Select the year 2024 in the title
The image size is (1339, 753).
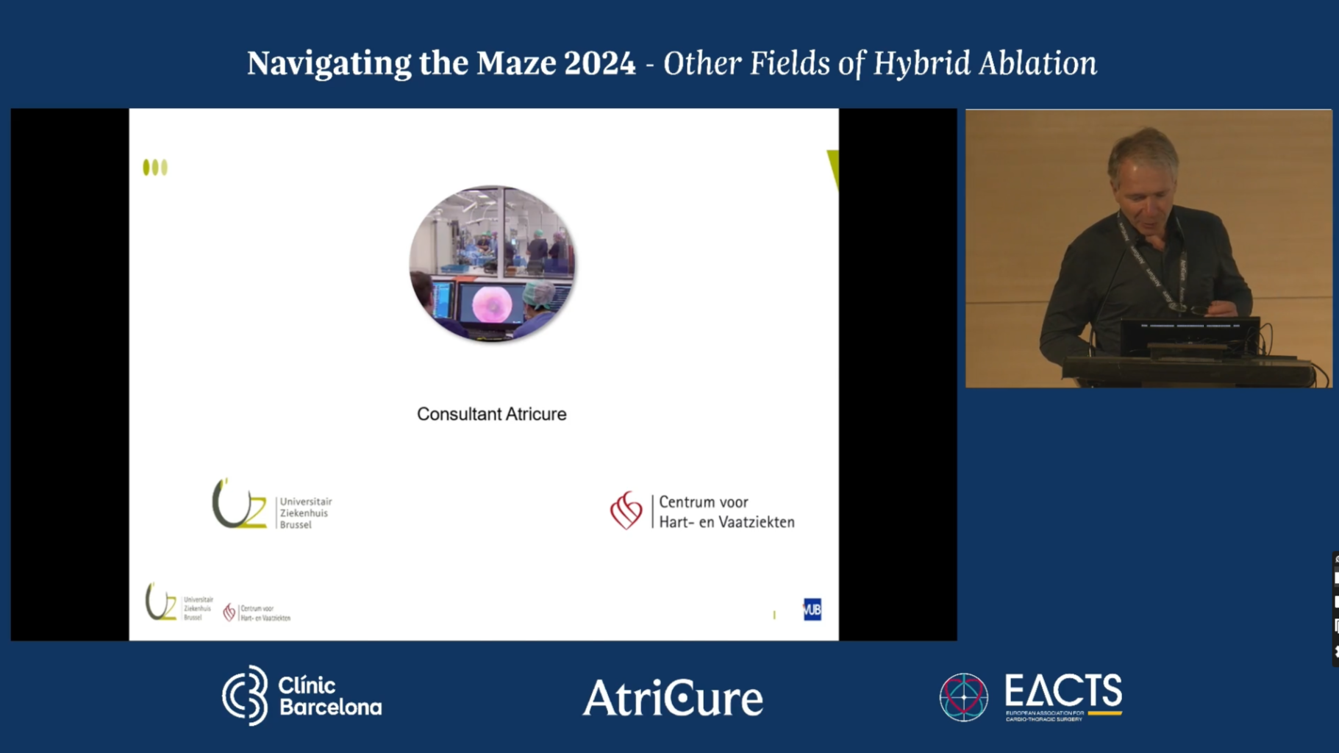pos(599,63)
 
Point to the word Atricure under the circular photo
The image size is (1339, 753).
pos(532,414)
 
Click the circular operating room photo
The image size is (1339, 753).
pos(492,263)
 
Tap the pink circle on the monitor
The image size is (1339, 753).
pos(492,304)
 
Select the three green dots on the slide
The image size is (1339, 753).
pos(155,168)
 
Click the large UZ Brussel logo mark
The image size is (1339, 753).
pos(238,504)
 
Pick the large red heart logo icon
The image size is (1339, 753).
pos(626,510)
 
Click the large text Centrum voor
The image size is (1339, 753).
pos(703,502)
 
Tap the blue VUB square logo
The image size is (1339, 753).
pos(812,610)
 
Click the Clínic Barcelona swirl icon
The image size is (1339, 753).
pos(246,696)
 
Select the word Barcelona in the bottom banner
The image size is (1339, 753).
pos(330,707)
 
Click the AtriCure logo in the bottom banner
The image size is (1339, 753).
pos(673,698)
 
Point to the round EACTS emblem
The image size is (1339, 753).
pos(963,697)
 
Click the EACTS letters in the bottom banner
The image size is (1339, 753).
pos(1063,690)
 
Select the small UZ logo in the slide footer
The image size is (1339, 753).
pos(161,603)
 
